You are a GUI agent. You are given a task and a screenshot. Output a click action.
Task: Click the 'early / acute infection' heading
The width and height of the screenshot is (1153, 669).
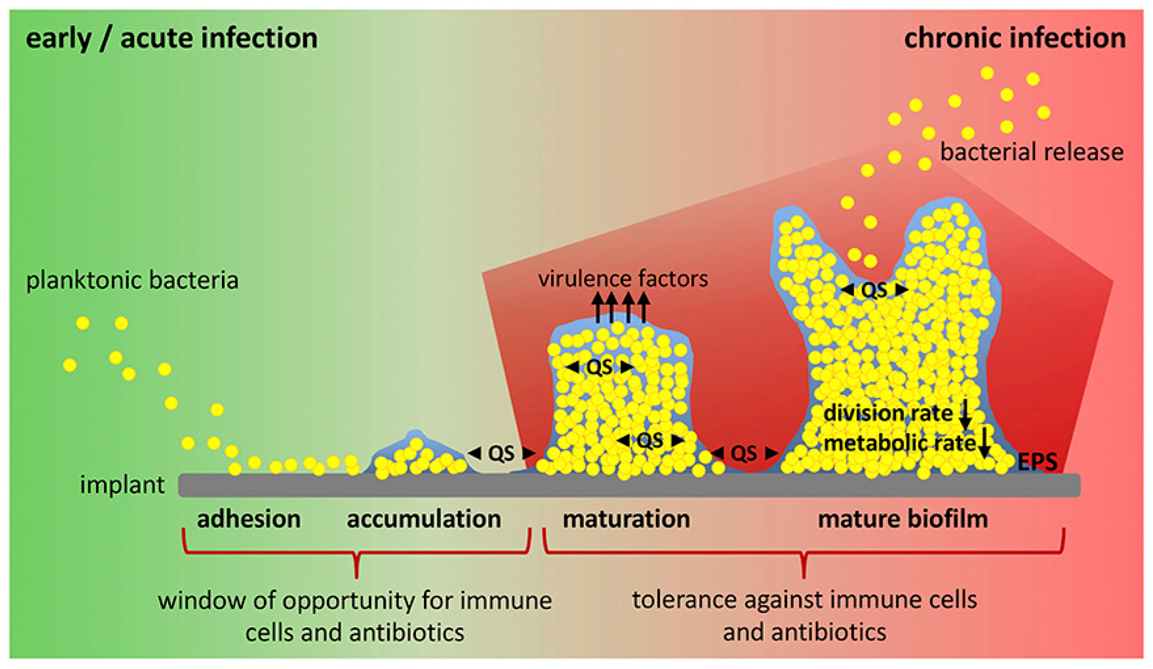[x=172, y=38]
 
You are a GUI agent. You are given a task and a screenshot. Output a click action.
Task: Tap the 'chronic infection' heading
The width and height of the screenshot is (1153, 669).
[x=1015, y=38]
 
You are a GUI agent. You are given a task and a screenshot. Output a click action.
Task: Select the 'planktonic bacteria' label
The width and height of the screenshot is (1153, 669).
[x=132, y=280]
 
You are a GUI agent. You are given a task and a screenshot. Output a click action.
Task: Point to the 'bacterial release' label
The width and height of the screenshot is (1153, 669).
[x=1032, y=152]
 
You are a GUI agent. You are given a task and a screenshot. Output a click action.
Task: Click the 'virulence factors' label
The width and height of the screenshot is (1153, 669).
[x=623, y=279]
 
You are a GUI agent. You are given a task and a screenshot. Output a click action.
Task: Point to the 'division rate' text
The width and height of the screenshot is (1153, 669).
[x=888, y=414]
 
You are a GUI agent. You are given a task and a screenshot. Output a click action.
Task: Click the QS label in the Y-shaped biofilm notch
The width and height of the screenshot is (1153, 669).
[x=874, y=290]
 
